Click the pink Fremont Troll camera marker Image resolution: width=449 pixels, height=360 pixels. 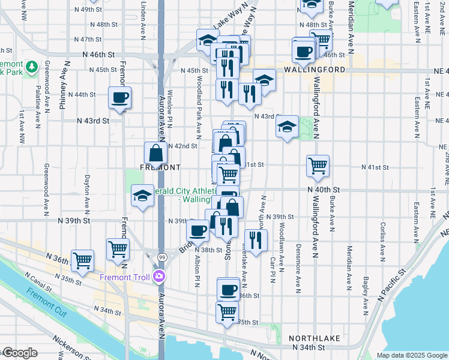coord(159,277)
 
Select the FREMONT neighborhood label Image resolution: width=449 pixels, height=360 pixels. coord(160,167)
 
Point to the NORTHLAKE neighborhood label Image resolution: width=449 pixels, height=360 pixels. coord(315,338)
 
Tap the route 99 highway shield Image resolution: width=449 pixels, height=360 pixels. coord(161,256)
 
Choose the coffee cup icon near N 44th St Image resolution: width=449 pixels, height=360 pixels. coord(119,97)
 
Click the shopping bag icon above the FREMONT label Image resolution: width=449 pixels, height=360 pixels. coord(155,152)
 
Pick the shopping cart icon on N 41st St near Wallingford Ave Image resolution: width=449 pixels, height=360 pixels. coord(318,165)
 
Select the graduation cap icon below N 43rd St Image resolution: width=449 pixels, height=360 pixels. coord(288,126)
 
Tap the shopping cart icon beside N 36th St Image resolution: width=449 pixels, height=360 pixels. coord(82,260)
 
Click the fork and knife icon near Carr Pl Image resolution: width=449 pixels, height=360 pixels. coord(256,240)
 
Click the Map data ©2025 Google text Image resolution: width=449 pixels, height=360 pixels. coord(412,355)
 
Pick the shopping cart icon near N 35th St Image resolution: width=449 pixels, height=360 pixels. coord(228,312)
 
